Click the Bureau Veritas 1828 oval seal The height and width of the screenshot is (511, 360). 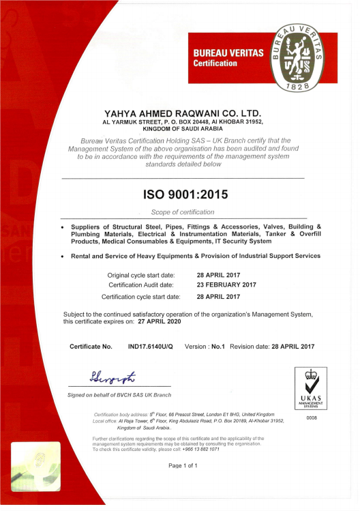coord(301,59)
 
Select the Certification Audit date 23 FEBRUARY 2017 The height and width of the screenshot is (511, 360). coord(226,284)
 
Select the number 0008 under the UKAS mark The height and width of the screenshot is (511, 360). coord(312,417)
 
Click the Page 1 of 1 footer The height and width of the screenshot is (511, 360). coord(183,465)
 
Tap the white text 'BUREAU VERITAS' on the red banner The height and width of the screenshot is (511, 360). coord(228,53)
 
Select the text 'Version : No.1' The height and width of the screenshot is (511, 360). coord(205,347)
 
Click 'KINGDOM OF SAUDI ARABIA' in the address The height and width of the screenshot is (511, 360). coord(182,128)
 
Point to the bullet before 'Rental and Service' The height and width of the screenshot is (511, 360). coord(63,257)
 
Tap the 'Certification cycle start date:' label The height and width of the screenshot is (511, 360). coord(140,297)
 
